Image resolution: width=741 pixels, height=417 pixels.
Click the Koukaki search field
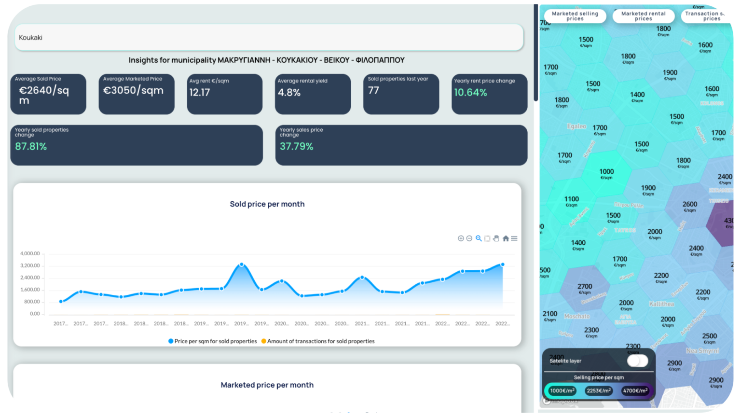269,38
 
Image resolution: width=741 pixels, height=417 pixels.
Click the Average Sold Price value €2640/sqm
44,95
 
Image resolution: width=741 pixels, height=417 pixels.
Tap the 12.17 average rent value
200,92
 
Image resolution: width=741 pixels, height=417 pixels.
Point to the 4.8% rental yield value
289,92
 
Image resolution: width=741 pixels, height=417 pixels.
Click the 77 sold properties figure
373,90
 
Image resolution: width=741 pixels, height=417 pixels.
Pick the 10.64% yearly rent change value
470,92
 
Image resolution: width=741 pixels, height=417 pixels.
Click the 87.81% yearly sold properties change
31,146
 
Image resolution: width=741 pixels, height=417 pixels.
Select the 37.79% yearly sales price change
296,146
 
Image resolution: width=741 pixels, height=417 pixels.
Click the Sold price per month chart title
267,204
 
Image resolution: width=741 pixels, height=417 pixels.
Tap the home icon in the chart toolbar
506,238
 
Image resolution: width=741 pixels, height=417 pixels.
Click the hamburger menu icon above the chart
514,238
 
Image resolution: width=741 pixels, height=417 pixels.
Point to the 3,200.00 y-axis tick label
30,265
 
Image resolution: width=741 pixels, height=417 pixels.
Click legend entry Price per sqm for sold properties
213,341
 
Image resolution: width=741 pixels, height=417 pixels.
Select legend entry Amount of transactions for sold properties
318,341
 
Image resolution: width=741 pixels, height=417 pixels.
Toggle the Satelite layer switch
637,361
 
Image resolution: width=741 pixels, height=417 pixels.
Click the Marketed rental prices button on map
643,16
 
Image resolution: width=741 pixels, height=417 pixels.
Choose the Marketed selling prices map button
575,16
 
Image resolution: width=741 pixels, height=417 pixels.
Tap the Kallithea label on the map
661,304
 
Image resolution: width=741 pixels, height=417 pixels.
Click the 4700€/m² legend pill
635,390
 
